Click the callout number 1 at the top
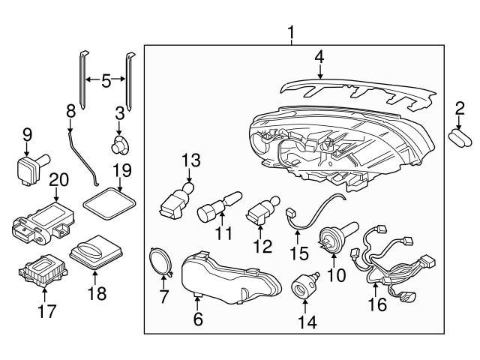coord(292,33)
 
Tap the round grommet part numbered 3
coord(119,142)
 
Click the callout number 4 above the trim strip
coord(319,56)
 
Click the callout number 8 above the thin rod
coord(70,111)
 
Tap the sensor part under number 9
coord(28,167)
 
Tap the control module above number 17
coord(42,274)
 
